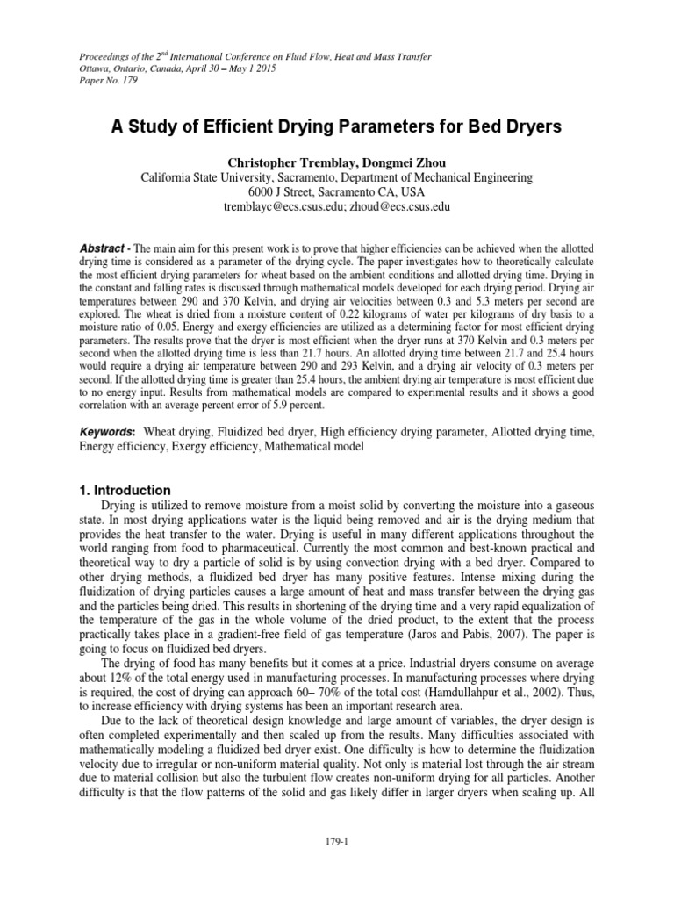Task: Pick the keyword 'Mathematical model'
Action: click(311, 447)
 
